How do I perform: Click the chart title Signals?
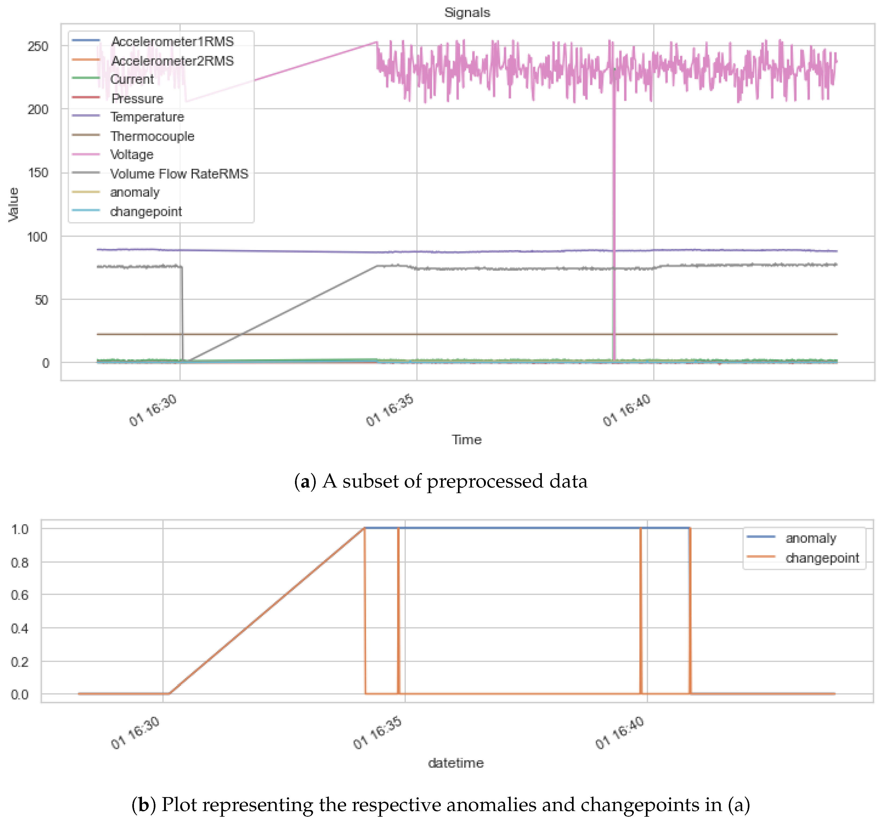pyautogui.click(x=467, y=12)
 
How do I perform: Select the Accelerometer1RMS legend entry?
pyautogui.click(x=172, y=41)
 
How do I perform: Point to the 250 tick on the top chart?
pyautogui.click(x=38, y=46)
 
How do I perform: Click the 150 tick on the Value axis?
pyautogui.click(x=38, y=173)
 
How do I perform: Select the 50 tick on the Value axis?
pyautogui.click(x=41, y=300)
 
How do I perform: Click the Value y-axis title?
pyautogui.click(x=13, y=204)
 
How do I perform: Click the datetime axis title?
pyautogui.click(x=456, y=763)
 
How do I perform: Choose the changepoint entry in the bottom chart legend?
pyautogui.click(x=822, y=558)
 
